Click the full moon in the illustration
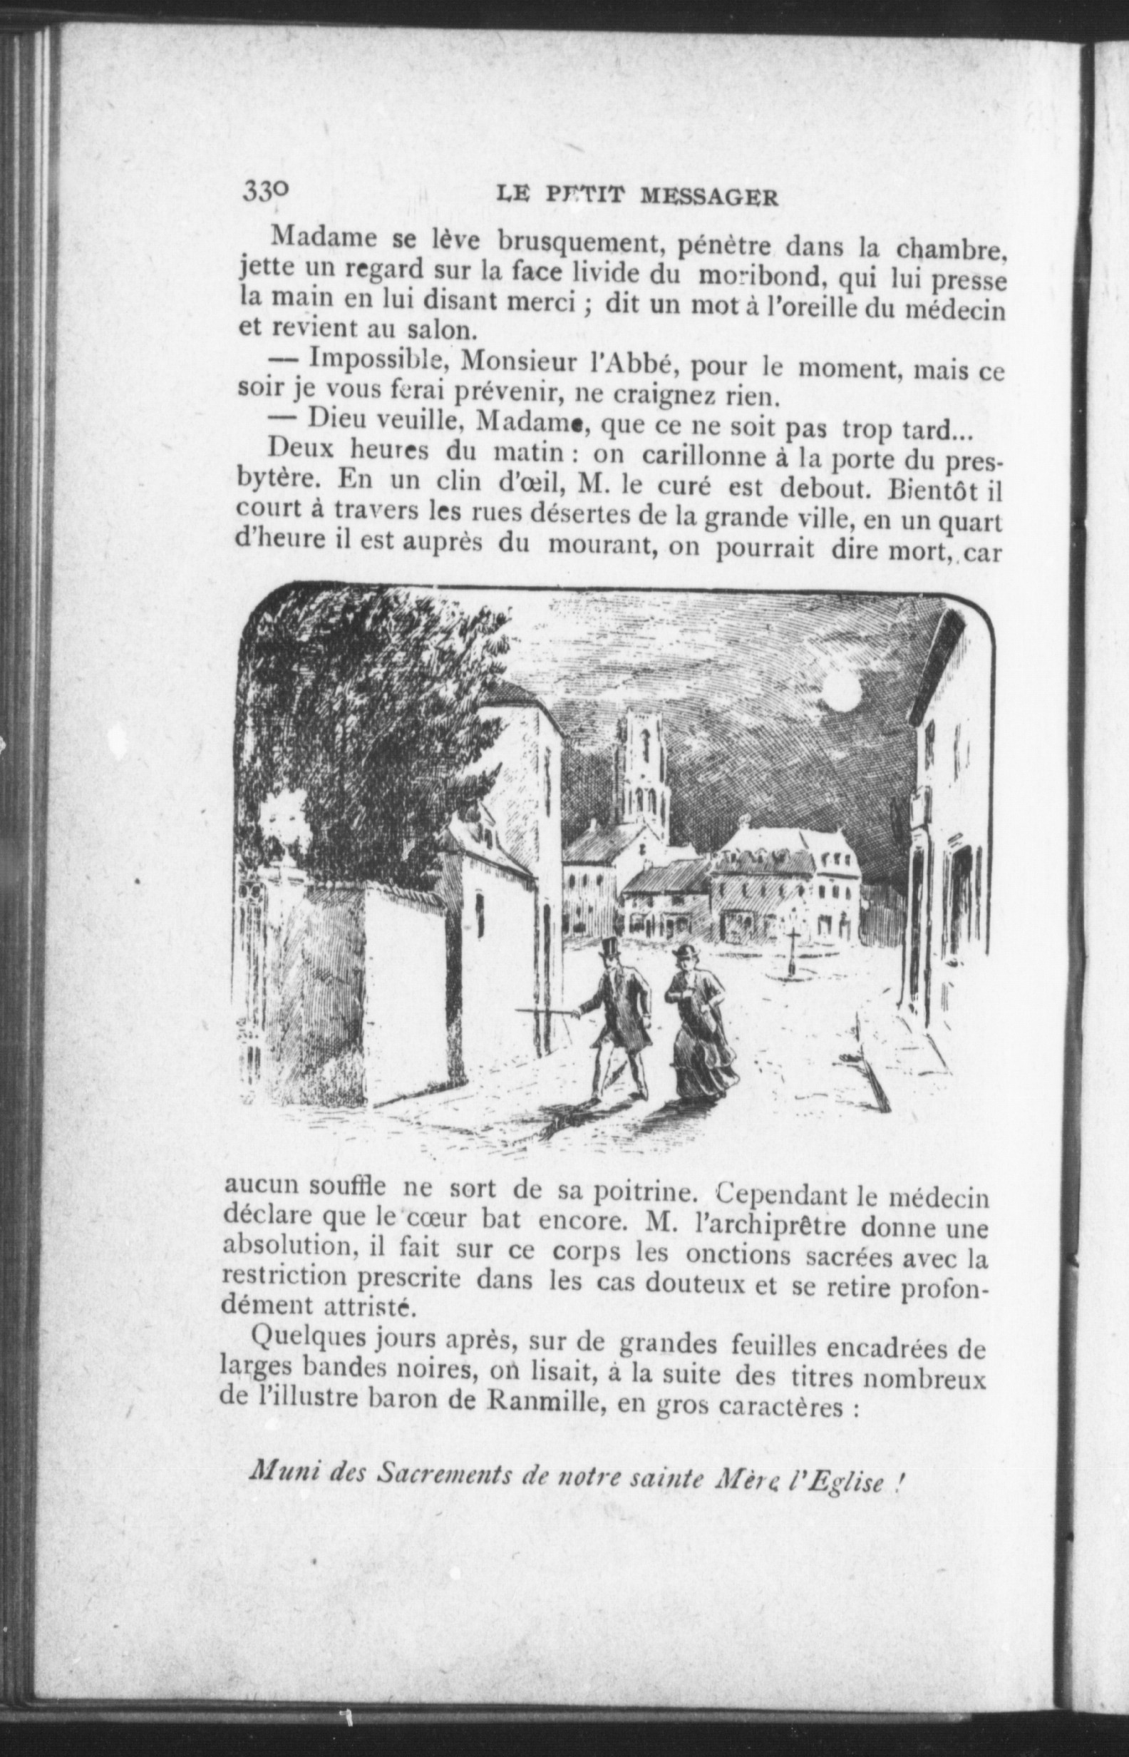click(x=841, y=692)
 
